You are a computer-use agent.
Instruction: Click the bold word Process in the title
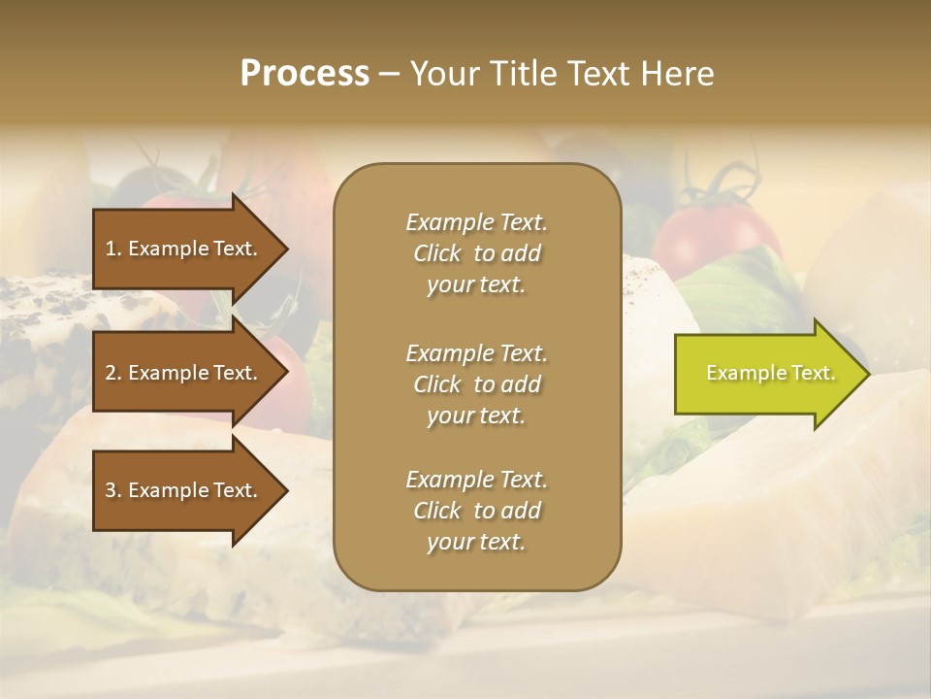[305, 74]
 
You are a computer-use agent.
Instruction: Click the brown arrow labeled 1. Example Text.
[184, 249]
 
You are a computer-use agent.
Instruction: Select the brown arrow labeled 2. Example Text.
[184, 373]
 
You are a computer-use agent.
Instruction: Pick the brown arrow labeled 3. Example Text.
[184, 490]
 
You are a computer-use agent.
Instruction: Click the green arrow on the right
[766, 373]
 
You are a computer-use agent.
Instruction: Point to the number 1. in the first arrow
[113, 249]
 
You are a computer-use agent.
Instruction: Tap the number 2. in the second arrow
[113, 373]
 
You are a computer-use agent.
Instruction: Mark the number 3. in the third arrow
[113, 490]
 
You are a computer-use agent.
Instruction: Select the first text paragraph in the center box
[476, 253]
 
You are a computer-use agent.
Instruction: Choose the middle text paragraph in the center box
[476, 384]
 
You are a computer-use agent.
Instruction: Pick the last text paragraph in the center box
[476, 511]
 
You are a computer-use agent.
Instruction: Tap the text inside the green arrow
[770, 373]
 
